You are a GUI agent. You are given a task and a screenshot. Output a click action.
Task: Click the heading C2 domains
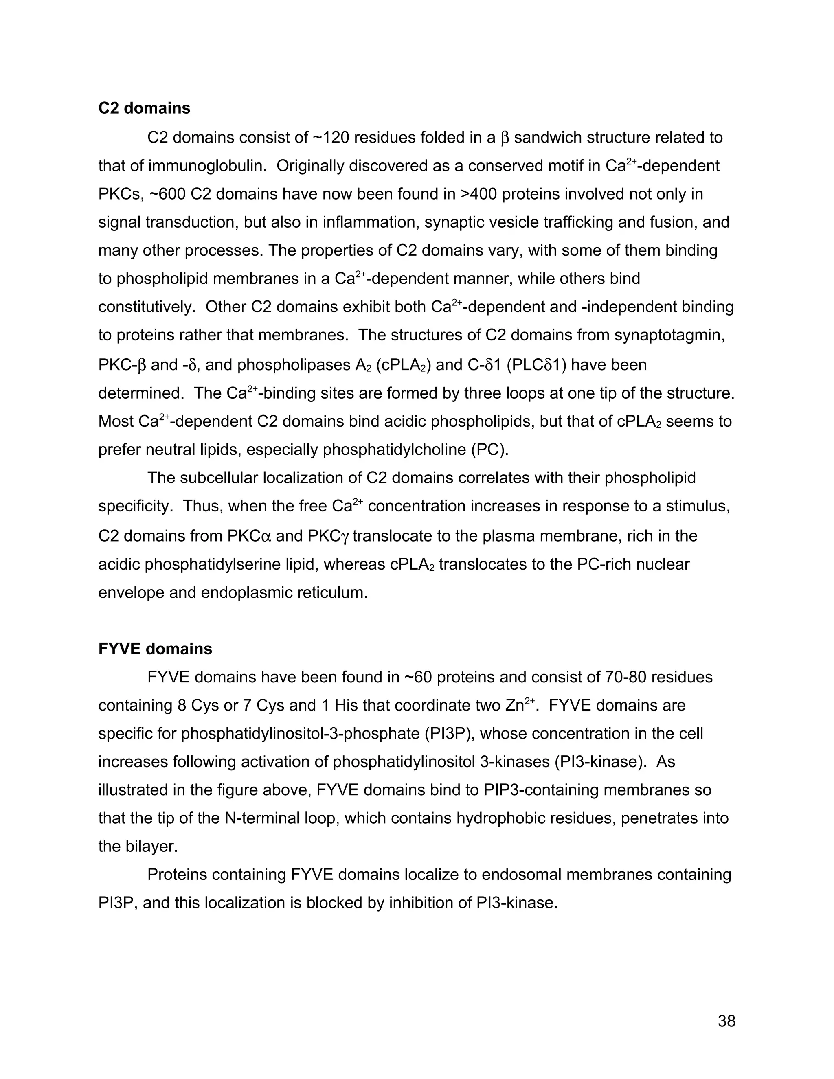[144, 108]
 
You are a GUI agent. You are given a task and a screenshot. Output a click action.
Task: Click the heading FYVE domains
[155, 649]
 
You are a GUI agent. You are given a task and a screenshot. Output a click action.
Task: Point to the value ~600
[167, 194]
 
